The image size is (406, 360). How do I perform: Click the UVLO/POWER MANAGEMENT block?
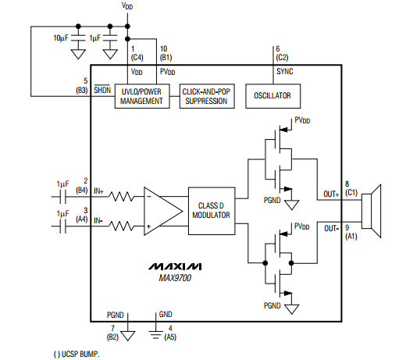pos(142,96)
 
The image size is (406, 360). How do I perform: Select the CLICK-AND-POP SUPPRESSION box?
pos(207,96)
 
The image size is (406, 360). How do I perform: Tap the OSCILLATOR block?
pos(273,96)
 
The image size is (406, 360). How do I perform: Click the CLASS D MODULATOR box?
pos(212,211)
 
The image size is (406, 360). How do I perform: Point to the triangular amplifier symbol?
pos(163,211)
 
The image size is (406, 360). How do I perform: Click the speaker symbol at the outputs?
pos(372,211)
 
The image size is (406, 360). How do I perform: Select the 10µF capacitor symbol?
pos(78,38)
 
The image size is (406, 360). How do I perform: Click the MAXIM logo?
pos(175,266)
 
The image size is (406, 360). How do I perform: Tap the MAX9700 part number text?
pos(175,278)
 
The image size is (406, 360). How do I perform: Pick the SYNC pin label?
pos(285,71)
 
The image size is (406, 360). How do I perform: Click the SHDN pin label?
pos(102,90)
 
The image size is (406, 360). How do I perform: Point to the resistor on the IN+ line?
pos(122,197)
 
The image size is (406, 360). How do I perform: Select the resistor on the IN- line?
pos(122,226)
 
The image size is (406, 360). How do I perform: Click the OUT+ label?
pos(331,194)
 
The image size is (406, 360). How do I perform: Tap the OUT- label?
pos(331,229)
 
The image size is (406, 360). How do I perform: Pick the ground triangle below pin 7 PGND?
pos(128,336)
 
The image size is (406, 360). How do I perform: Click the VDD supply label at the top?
pos(127,5)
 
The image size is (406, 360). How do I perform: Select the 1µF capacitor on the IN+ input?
pos(62,197)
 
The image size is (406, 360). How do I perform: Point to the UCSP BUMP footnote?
pos(77,355)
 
